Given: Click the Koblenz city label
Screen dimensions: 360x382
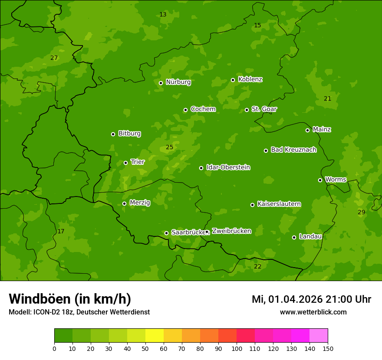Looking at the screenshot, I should (250, 79).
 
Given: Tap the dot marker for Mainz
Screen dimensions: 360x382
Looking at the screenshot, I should (307, 130).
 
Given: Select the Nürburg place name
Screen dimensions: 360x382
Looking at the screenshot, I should (178, 82).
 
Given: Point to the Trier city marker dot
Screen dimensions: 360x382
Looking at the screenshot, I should (126, 163).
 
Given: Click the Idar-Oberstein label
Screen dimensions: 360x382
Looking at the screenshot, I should (228, 167).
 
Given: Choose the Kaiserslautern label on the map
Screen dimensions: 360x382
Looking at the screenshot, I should (279, 204).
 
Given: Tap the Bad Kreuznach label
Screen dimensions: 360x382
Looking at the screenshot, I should (293, 150).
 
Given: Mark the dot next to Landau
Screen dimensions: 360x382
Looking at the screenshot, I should (294, 237).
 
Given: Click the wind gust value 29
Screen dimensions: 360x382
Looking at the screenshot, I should (361, 212).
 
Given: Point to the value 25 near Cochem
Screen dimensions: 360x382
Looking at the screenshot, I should (169, 147).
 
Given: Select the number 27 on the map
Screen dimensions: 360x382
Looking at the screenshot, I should (54, 58).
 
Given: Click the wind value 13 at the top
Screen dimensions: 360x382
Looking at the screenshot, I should (163, 15).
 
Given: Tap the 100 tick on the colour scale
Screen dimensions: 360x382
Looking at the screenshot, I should (237, 348).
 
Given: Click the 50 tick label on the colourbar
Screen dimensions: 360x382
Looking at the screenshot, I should (145, 348).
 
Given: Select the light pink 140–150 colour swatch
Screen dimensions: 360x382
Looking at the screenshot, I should (319, 336).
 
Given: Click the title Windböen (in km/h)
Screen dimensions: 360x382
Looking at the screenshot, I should (70, 299).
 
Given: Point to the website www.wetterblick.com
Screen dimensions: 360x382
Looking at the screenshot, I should (313, 312).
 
